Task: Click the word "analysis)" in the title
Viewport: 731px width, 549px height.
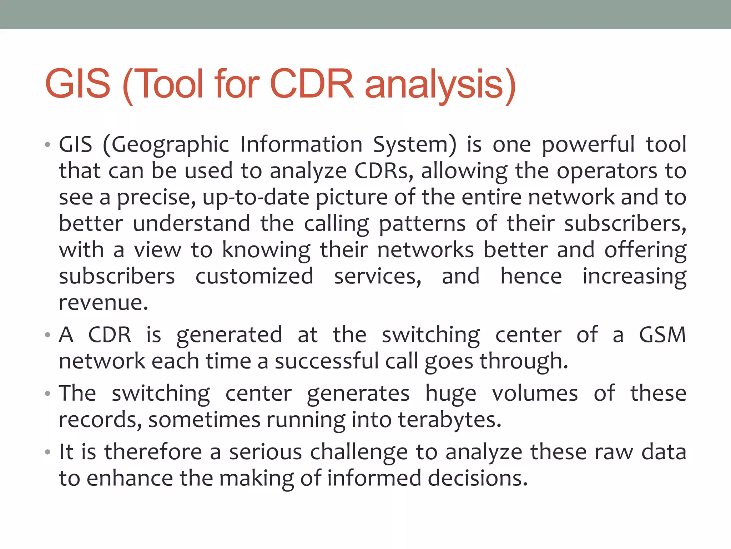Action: pos(440,84)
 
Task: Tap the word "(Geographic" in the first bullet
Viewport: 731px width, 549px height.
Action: pos(166,145)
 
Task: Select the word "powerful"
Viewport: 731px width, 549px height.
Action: pos(588,145)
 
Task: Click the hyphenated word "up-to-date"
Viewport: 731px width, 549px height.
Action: pos(256,197)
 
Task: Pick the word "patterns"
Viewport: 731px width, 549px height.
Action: pos(422,224)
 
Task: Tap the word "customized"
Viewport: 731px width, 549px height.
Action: pos(254,276)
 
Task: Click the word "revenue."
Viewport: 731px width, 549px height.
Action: pos(104,303)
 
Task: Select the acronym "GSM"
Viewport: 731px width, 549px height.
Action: pos(662,335)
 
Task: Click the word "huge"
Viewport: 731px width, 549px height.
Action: pos(451,394)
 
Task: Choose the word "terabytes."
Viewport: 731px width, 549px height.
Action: pos(450,420)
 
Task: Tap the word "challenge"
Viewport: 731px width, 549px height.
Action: pos(359,452)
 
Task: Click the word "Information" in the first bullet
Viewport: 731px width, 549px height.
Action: pos(301,145)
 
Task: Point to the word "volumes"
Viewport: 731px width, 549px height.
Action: pos(535,394)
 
